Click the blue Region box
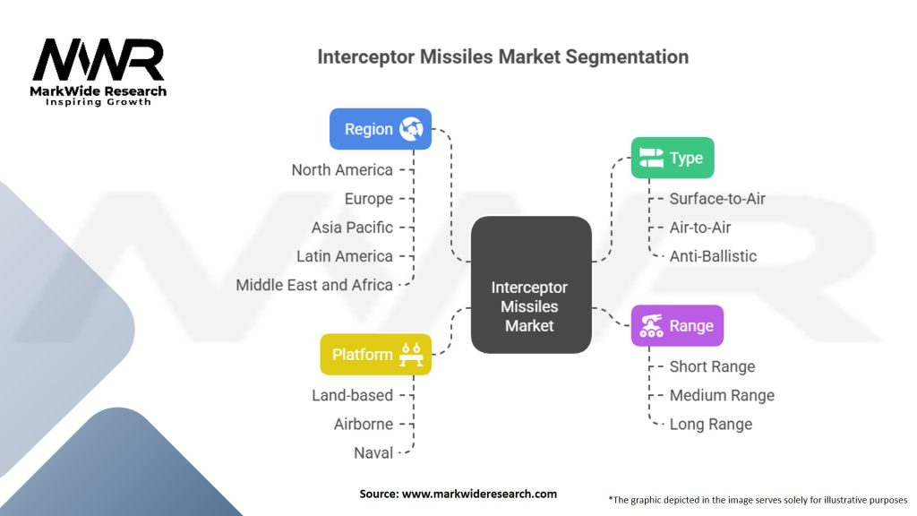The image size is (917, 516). [x=380, y=129]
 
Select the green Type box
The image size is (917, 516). [x=673, y=158]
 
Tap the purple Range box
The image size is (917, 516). [x=677, y=325]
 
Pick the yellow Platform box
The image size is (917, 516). [x=375, y=355]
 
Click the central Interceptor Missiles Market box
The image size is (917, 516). [x=531, y=285]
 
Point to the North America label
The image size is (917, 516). [x=342, y=170]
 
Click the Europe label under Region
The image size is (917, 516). [x=368, y=199]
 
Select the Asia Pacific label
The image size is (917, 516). [x=352, y=228]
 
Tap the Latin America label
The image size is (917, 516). [x=345, y=256]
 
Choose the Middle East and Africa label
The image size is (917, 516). [x=314, y=285]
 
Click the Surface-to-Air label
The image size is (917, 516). [x=717, y=199]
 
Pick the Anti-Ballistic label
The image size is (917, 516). [x=713, y=256]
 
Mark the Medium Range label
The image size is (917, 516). [x=722, y=395]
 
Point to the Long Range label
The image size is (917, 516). [x=710, y=424]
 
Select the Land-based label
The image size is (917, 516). [x=352, y=395]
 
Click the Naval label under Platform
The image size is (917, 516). [x=373, y=452]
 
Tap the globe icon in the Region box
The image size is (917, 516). [x=411, y=129]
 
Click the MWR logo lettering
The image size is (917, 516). [x=99, y=60]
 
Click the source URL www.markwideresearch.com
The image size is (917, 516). [x=479, y=494]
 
